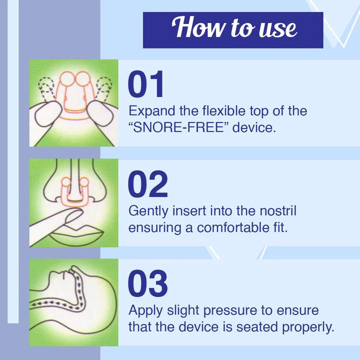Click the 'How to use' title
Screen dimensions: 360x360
point(234,27)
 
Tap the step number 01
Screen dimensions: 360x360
point(146,84)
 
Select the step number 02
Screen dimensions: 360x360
point(148,184)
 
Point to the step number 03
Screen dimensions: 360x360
point(148,283)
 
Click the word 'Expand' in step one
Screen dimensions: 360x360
point(152,111)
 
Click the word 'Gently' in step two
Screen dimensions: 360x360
point(148,211)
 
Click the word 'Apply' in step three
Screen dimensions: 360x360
point(146,311)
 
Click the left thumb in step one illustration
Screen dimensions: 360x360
point(48,113)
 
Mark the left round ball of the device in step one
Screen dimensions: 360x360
point(67,78)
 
